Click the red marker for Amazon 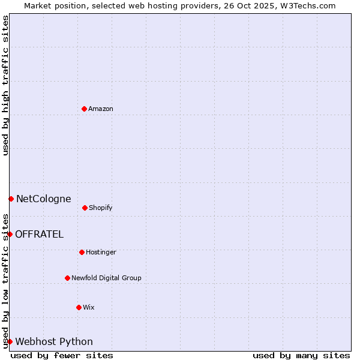[x=84, y=109]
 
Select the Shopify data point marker [x=85, y=208]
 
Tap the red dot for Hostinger [x=82, y=252]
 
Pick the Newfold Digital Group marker [x=67, y=278]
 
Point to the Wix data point [x=79, y=307]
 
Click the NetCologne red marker [x=11, y=199]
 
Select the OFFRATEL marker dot [x=10, y=234]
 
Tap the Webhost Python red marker [x=10, y=341]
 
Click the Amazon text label [x=101, y=109]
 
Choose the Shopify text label [x=101, y=208]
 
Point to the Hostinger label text [x=101, y=252]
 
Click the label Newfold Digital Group [x=106, y=278]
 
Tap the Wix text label [x=89, y=307]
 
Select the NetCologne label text [x=43, y=199]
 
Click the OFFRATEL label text [x=39, y=234]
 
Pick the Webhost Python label [x=54, y=341]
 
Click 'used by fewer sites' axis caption [x=62, y=355]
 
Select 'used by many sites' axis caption [x=301, y=355]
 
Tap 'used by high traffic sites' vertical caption [x=5, y=85]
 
